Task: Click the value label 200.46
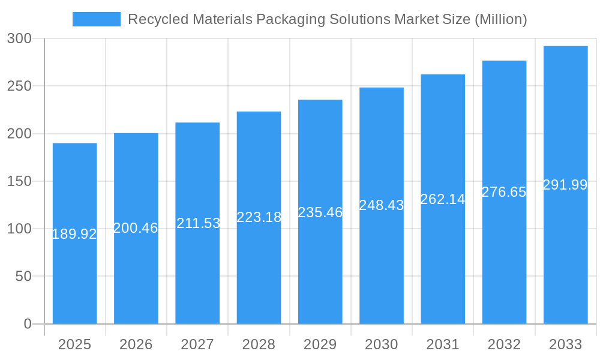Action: [136, 228]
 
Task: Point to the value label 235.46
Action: [320, 212]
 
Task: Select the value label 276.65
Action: [504, 192]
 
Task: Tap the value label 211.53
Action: [198, 223]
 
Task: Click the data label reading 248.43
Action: [381, 205]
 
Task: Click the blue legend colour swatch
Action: [96, 19]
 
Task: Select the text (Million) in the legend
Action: [500, 19]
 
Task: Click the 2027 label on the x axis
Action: [197, 344]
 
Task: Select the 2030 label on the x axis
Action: [381, 344]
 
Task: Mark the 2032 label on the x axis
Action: [504, 344]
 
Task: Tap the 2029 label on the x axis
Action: [320, 344]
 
